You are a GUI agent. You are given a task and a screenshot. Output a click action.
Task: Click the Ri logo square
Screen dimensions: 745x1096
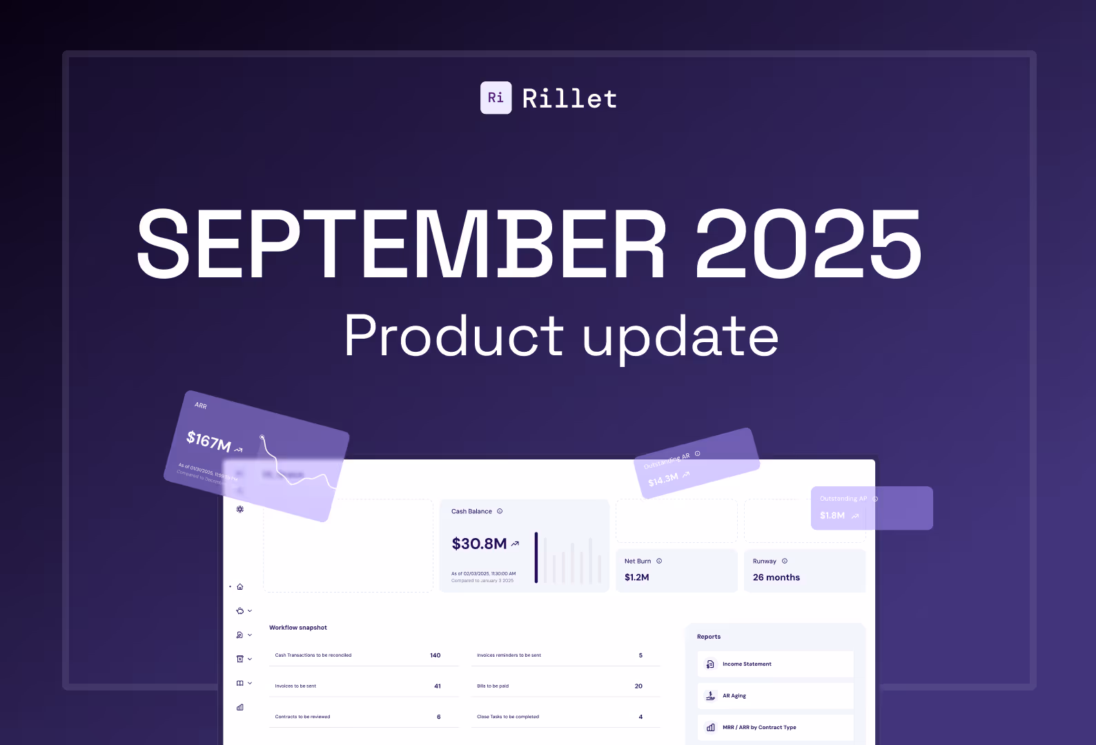tap(496, 98)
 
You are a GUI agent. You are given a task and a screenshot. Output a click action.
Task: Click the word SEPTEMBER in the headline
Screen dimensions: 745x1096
tap(401, 245)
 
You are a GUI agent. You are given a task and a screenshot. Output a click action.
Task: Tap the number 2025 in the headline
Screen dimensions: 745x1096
tap(808, 245)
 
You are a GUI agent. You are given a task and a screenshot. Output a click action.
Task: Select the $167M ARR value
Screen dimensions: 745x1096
tap(208, 441)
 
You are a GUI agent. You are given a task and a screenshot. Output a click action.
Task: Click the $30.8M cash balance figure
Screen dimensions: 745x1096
tap(479, 544)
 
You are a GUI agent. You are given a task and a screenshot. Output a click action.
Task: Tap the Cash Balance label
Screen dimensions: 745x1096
tap(471, 511)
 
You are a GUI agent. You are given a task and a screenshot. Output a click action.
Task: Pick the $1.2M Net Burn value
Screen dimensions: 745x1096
tap(636, 577)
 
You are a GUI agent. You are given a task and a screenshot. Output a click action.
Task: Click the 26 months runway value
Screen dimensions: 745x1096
tap(776, 577)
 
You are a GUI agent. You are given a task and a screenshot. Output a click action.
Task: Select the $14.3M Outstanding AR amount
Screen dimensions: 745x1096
tap(663, 479)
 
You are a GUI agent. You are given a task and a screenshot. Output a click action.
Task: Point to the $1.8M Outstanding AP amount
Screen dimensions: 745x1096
tap(832, 515)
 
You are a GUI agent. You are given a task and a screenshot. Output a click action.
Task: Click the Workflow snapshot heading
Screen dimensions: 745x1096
tap(298, 628)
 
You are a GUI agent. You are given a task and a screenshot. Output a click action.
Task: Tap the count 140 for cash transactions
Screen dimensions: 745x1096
tap(435, 655)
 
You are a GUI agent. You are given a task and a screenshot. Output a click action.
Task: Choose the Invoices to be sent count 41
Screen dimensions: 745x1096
tap(438, 686)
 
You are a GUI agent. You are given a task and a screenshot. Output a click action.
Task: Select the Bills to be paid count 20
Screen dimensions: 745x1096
tap(638, 686)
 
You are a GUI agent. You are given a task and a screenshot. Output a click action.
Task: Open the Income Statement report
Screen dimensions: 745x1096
tap(747, 664)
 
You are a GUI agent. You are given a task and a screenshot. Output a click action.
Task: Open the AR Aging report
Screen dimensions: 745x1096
tap(734, 696)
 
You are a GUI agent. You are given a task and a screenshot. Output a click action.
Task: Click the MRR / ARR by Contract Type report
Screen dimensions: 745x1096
tap(759, 727)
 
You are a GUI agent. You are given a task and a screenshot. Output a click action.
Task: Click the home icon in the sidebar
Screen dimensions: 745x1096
tap(240, 587)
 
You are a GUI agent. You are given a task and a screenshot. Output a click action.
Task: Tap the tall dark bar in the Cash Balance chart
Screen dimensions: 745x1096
tap(536, 557)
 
